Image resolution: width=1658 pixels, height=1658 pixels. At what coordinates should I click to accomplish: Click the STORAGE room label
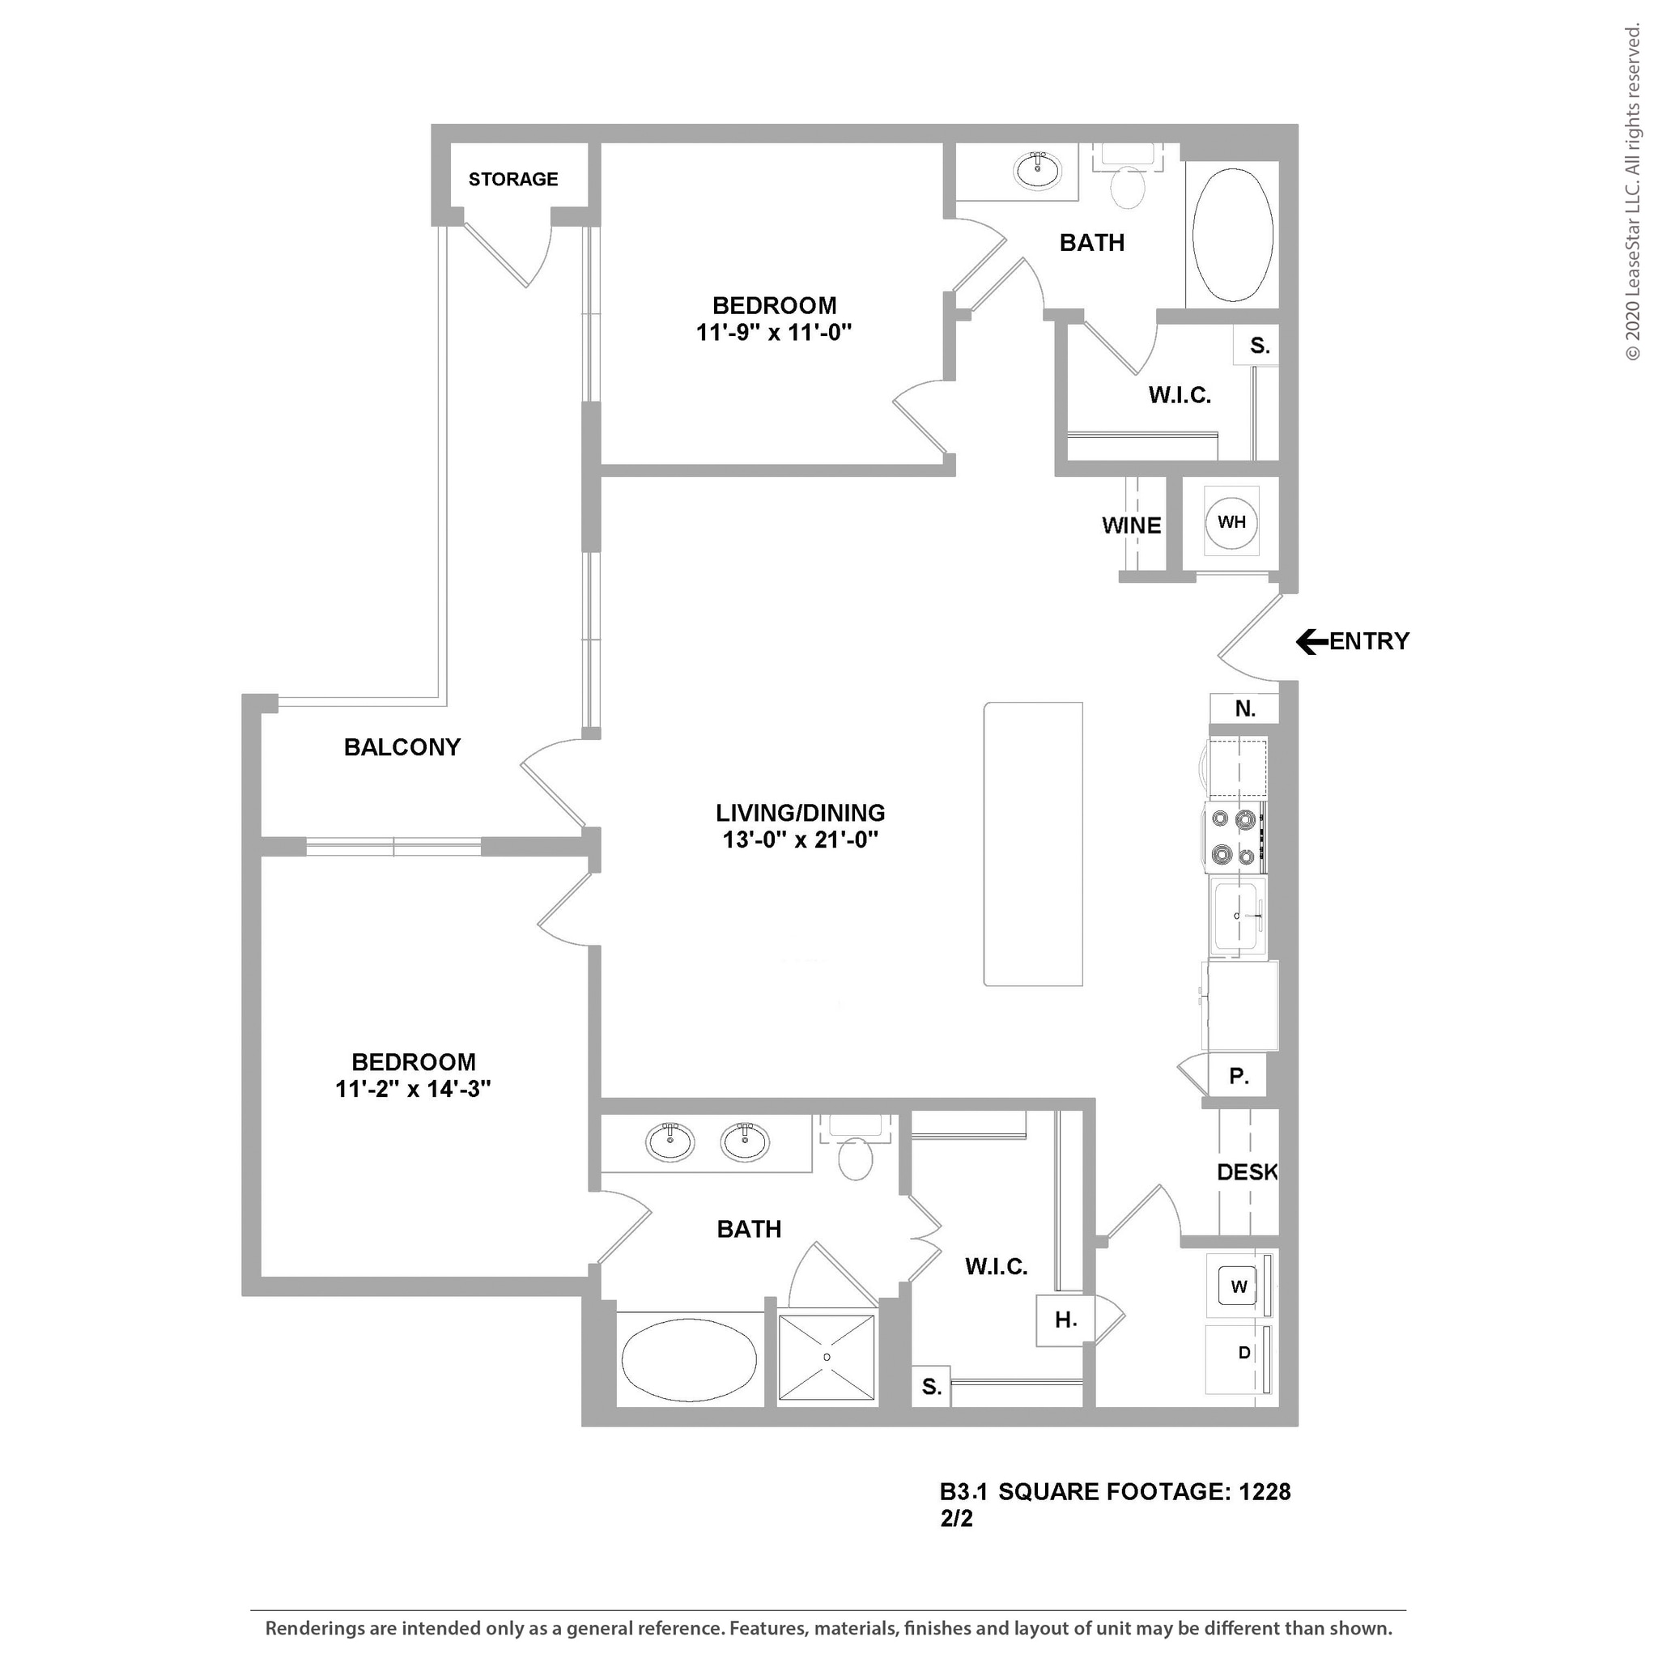point(513,180)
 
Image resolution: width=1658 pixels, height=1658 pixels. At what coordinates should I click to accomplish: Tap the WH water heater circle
point(1231,522)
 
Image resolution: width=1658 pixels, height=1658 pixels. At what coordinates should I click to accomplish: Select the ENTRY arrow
point(1310,641)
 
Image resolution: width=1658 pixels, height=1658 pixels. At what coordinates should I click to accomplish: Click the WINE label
point(1131,525)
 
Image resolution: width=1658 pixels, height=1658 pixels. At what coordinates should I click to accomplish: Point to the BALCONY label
point(402,746)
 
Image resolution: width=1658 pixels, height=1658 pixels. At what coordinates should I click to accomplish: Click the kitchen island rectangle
point(1032,844)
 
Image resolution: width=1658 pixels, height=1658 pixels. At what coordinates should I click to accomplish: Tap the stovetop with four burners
point(1233,837)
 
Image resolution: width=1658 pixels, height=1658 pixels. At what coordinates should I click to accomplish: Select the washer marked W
point(1238,1286)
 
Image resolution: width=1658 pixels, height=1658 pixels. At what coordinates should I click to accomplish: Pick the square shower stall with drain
point(827,1357)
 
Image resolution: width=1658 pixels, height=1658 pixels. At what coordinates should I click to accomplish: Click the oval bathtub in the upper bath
point(1232,234)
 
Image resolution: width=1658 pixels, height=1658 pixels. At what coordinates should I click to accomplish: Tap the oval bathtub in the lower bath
point(688,1360)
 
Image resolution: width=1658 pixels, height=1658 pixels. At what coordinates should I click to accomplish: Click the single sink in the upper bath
point(1038,170)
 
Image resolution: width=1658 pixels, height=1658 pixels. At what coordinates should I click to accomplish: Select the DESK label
point(1247,1171)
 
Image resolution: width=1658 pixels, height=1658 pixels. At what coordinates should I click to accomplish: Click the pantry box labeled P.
point(1238,1076)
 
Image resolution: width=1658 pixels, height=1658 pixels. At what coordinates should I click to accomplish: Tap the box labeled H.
point(1065,1320)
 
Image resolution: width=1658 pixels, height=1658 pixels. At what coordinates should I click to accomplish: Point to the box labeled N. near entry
point(1244,709)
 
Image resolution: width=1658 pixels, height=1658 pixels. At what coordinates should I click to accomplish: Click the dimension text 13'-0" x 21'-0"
point(800,840)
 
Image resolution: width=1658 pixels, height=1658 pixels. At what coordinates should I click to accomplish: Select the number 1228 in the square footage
point(1264,1491)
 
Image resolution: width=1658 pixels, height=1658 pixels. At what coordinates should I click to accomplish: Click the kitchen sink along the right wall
point(1237,916)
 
